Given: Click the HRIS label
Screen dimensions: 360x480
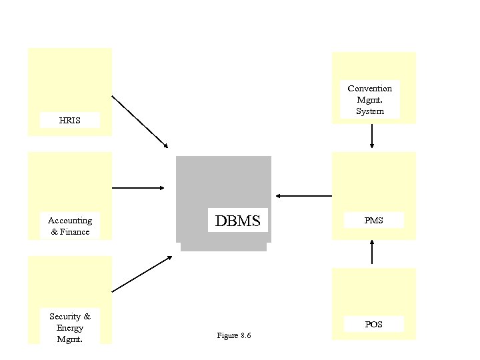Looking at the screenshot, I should click(69, 121).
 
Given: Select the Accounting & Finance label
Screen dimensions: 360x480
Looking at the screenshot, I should click(70, 226).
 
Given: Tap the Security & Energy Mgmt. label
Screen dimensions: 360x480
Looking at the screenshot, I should click(70, 327).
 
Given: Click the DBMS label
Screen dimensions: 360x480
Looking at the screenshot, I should click(237, 220).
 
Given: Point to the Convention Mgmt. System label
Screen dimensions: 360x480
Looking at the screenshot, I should click(370, 99).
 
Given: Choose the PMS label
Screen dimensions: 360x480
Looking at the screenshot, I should click(373, 220).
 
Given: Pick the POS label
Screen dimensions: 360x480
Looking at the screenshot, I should click(373, 325).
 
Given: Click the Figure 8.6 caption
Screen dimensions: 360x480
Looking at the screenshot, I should click(234, 335).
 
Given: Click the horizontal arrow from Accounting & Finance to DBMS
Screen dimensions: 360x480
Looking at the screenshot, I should click(139, 188).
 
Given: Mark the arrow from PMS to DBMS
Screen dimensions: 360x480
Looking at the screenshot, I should click(303, 196).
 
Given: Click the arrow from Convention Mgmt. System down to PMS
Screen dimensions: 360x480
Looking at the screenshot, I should click(372, 136).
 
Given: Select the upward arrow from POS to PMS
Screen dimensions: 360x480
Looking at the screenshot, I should click(372, 253).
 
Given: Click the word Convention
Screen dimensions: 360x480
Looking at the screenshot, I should click(370, 89).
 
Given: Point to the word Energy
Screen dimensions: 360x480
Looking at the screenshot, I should click(70, 327).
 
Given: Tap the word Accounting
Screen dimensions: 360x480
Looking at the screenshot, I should click(70, 221).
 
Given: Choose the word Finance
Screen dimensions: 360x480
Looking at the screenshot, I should click(75, 232).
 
